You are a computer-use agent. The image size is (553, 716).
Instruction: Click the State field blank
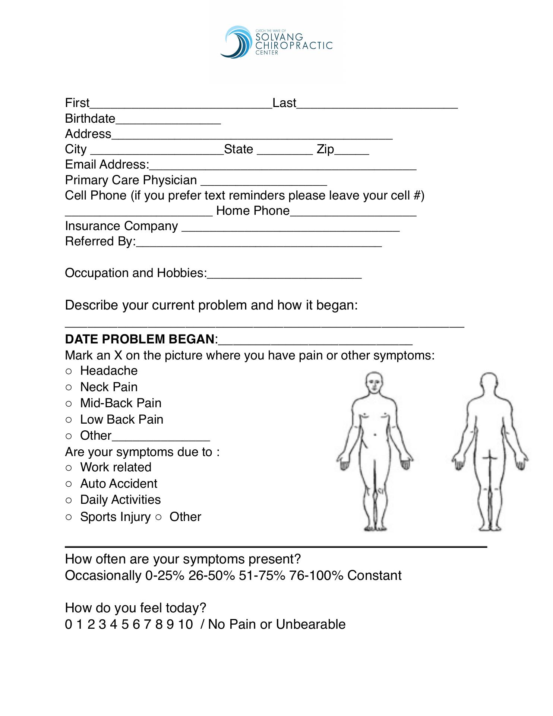coord(285,151)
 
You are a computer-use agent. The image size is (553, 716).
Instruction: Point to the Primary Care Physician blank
coord(264,182)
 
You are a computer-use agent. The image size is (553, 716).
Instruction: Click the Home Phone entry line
coord(353,212)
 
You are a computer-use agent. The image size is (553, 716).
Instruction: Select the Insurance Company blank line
coord(291,227)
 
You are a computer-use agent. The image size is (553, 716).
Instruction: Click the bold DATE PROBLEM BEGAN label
coord(140,339)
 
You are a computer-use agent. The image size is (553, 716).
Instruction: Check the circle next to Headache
coord(69,371)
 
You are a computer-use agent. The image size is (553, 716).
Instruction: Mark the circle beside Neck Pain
coord(69,387)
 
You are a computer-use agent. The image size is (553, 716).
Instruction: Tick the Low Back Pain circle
coord(69,420)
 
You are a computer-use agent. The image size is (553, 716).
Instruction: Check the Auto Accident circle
coord(69,484)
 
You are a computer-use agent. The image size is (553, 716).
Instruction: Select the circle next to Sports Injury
coord(69,517)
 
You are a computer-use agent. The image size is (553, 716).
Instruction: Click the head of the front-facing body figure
coord(373,383)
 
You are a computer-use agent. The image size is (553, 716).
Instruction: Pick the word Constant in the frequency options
coord(374,575)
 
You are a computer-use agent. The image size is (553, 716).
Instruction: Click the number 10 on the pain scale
coord(185,624)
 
